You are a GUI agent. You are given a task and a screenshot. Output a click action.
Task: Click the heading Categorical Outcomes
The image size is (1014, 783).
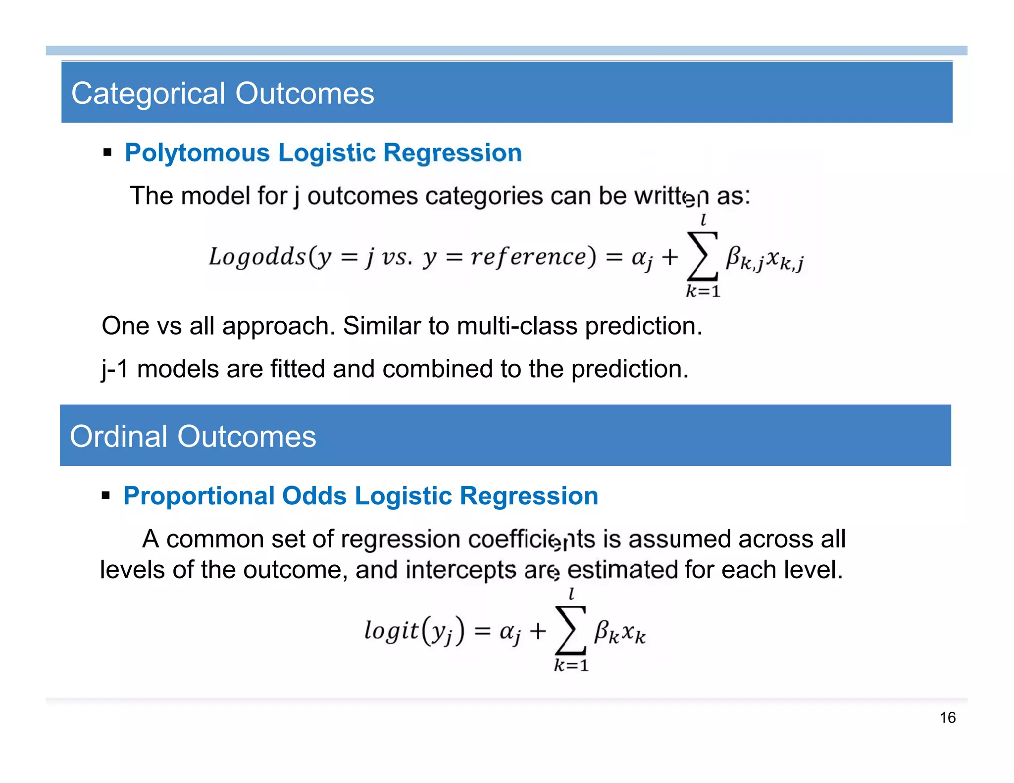[x=222, y=94]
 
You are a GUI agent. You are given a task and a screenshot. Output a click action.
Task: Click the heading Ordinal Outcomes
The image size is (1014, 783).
[x=193, y=437]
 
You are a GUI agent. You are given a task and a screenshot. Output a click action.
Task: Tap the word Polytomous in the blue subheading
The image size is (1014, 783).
[x=197, y=152]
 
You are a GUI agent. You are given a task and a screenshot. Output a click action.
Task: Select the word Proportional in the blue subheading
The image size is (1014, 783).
[x=199, y=496]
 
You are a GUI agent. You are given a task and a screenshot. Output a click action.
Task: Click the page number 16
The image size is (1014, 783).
[x=947, y=717]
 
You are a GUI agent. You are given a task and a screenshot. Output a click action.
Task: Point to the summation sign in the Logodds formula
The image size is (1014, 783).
[x=703, y=257]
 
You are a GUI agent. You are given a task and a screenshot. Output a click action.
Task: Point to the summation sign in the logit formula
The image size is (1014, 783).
[x=571, y=631]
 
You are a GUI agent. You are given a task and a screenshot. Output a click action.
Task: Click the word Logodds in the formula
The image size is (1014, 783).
[x=257, y=257]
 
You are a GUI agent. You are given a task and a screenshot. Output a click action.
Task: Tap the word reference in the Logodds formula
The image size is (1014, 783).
[x=528, y=257]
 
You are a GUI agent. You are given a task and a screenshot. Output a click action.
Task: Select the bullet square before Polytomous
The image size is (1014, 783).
[x=107, y=152]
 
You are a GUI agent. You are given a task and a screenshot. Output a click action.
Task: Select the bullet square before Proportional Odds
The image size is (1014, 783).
[x=105, y=495]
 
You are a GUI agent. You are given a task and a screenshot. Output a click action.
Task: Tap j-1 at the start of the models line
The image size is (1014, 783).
[x=115, y=369]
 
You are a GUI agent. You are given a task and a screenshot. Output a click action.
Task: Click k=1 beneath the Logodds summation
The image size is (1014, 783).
[x=703, y=292]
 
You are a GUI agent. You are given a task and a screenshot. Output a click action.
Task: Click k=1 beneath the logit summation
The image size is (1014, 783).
[x=571, y=665]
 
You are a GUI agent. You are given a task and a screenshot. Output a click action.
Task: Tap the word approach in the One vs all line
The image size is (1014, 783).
[x=279, y=326]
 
